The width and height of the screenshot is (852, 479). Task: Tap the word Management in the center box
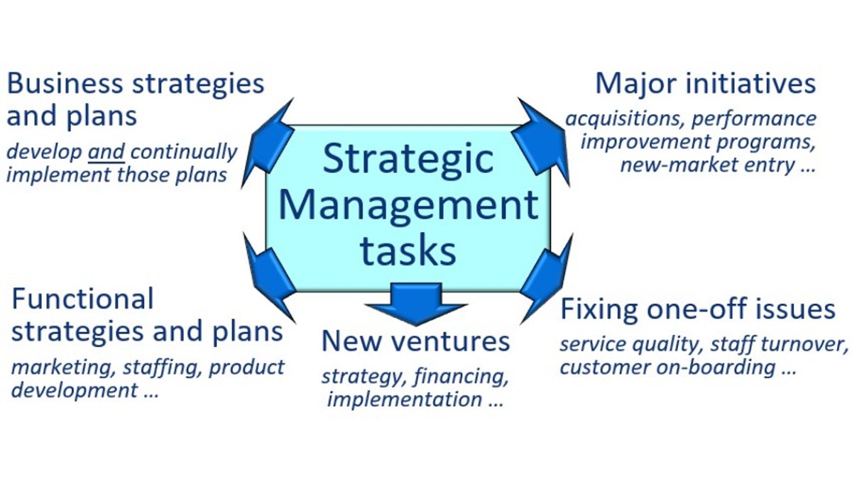tap(408, 206)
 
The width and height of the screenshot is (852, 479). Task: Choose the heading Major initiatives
tap(706, 84)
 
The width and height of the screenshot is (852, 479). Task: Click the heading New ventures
tap(415, 341)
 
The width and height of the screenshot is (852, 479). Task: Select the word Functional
tap(82, 299)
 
